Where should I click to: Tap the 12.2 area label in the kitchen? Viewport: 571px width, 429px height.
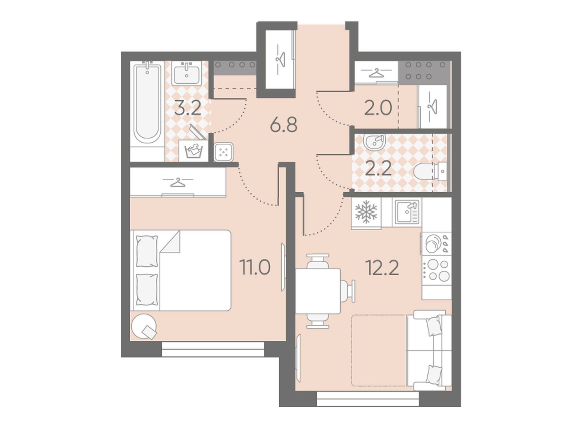pos(382,267)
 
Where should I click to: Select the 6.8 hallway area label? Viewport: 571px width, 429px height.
pos(284,125)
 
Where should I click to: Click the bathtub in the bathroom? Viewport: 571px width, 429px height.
pos(147,104)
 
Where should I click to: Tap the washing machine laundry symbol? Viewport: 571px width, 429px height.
pos(193,151)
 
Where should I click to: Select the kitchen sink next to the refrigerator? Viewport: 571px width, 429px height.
pos(407,212)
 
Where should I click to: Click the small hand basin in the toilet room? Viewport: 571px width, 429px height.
pos(375,143)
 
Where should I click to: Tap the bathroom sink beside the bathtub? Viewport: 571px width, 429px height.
pos(186,73)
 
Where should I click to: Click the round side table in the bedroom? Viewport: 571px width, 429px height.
pos(144,327)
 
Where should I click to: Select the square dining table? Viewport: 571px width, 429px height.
pos(318,291)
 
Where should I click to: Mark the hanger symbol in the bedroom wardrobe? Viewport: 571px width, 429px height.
pos(178,182)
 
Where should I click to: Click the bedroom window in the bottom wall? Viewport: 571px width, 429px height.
pos(213,349)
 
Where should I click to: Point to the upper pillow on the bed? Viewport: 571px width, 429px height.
pos(147,251)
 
